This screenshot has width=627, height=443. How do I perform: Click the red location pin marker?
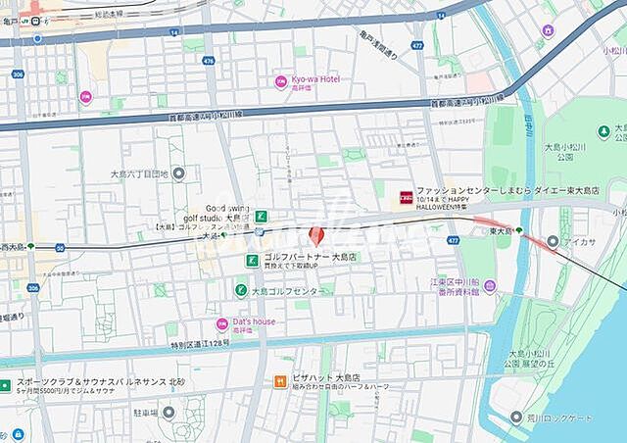[x=315, y=235]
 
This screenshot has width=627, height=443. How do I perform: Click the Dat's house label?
[x=254, y=321]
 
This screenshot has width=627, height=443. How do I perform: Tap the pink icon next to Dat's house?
[x=222, y=323]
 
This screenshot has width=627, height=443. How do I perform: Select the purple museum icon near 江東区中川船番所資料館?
[x=490, y=285]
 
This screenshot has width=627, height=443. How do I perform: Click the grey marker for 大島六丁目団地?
[x=177, y=173]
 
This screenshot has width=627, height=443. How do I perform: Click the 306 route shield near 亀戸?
[x=17, y=74]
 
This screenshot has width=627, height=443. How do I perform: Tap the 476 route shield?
[x=208, y=60]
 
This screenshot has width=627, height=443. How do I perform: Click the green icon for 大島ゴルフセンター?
[x=240, y=290]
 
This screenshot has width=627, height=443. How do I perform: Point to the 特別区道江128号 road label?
[x=200, y=343]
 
